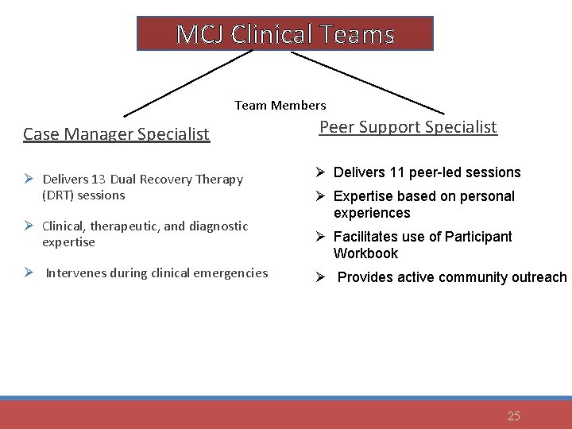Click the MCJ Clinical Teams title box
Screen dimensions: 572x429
click(x=285, y=34)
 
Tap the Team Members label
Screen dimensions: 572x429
click(x=280, y=105)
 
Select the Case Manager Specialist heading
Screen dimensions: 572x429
click(x=117, y=133)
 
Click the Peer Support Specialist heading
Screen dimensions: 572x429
click(x=408, y=126)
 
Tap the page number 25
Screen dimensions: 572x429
click(x=513, y=415)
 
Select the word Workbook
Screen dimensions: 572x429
click(x=365, y=253)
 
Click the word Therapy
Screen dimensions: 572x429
click(x=219, y=179)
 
